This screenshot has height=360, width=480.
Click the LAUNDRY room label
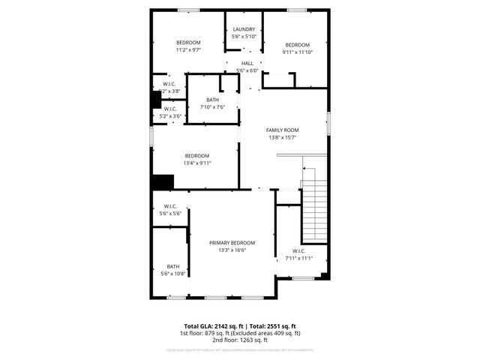[244, 29]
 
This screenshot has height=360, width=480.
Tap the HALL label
[247, 64]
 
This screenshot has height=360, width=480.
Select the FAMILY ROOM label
[283, 130]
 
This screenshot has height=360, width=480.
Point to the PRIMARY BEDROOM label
[232, 243]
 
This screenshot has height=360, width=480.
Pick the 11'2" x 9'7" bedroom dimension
[188, 49]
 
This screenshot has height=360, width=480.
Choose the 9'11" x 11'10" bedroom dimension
[298, 52]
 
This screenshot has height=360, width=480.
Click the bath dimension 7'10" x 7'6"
[213, 107]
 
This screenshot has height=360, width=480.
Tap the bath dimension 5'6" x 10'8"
[173, 274]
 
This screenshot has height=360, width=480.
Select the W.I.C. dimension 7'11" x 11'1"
[298, 259]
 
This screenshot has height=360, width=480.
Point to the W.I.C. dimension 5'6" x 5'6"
[170, 214]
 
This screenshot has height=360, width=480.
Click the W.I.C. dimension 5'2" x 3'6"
[169, 116]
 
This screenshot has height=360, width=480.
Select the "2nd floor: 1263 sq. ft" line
[240, 340]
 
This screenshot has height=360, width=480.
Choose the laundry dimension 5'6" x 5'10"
[244, 36]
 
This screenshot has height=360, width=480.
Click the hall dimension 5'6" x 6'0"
[247, 70]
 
